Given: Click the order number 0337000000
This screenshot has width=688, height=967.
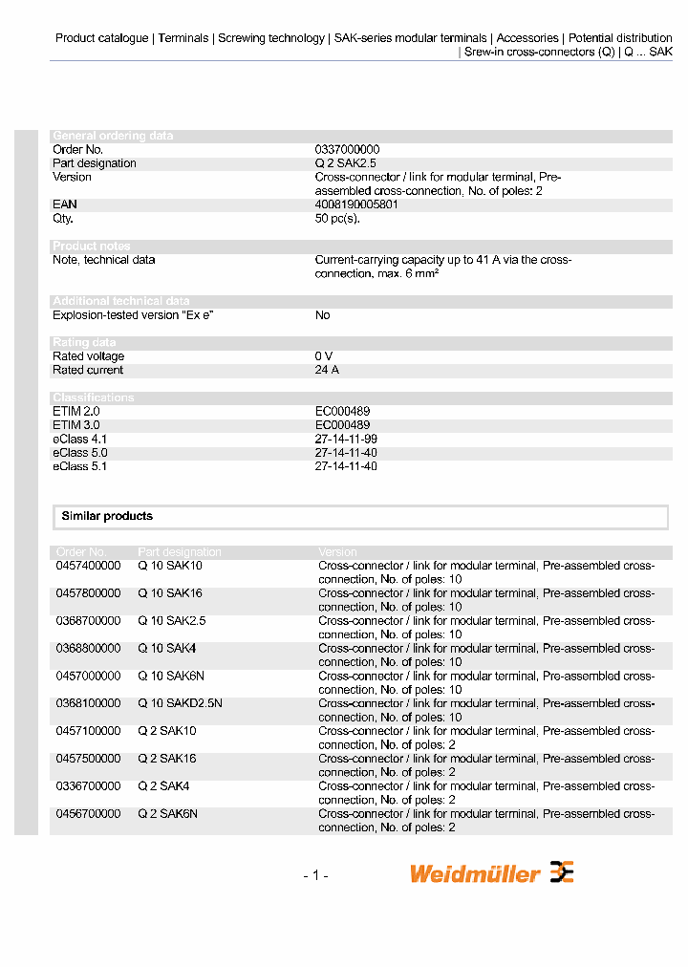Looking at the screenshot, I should point(347,150).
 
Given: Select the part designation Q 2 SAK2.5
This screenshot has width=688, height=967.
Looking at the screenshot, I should point(345,163).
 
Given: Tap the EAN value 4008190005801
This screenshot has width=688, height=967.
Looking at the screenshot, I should point(356,204).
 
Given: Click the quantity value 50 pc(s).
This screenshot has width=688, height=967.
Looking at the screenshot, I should point(337,219).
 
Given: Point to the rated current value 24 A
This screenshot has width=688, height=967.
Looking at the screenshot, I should point(327,371).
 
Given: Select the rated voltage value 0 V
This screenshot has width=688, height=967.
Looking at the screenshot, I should point(324,356).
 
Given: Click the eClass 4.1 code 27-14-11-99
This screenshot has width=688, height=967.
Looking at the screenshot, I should point(346,439).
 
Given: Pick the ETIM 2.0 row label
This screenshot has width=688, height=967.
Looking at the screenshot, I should point(75,411).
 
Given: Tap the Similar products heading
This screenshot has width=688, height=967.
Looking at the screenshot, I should point(107,516).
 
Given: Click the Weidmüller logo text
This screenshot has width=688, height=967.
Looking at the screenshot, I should point(475,873).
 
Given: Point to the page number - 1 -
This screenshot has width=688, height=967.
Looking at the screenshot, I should point(315,874).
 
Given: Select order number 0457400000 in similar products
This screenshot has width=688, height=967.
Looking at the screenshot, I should point(88,566).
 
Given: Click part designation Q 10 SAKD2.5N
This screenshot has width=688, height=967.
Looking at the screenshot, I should point(180,703).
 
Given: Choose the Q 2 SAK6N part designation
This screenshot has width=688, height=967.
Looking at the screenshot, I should point(167,814).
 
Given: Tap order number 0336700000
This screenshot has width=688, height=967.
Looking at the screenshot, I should point(88,786).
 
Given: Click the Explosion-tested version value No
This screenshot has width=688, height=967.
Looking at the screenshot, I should point(322,315).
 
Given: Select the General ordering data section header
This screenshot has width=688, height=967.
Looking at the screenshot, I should point(113,136).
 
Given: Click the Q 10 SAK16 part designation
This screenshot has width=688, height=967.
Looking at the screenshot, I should point(170,593).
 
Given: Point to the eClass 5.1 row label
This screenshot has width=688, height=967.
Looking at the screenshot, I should point(79,466).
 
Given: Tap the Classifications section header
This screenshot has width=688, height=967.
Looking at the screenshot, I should point(94,398).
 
